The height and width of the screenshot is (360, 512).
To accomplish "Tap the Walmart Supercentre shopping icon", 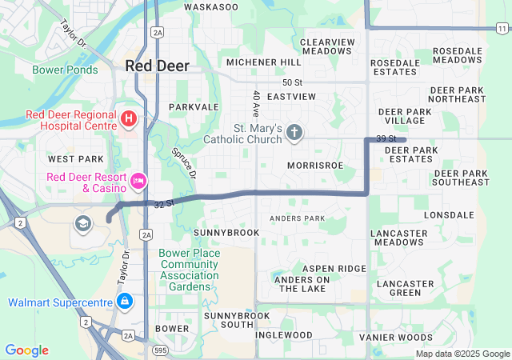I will pos(125,302).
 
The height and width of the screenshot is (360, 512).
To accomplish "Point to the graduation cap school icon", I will pos(82,222).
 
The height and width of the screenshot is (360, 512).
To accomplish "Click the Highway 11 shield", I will pos(501,28).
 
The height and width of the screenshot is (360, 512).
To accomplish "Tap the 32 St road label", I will pos(164,205).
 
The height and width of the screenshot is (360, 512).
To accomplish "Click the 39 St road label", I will pos(387,139).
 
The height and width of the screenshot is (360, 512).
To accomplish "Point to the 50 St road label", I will pos(292,82).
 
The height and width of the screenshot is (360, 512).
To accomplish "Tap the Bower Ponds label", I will pos(65,70).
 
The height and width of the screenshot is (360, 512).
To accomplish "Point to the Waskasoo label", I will pos(211,6).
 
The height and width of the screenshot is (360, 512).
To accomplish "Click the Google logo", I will pos(27,350).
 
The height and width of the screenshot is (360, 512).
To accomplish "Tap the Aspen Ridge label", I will pos(334,269).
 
